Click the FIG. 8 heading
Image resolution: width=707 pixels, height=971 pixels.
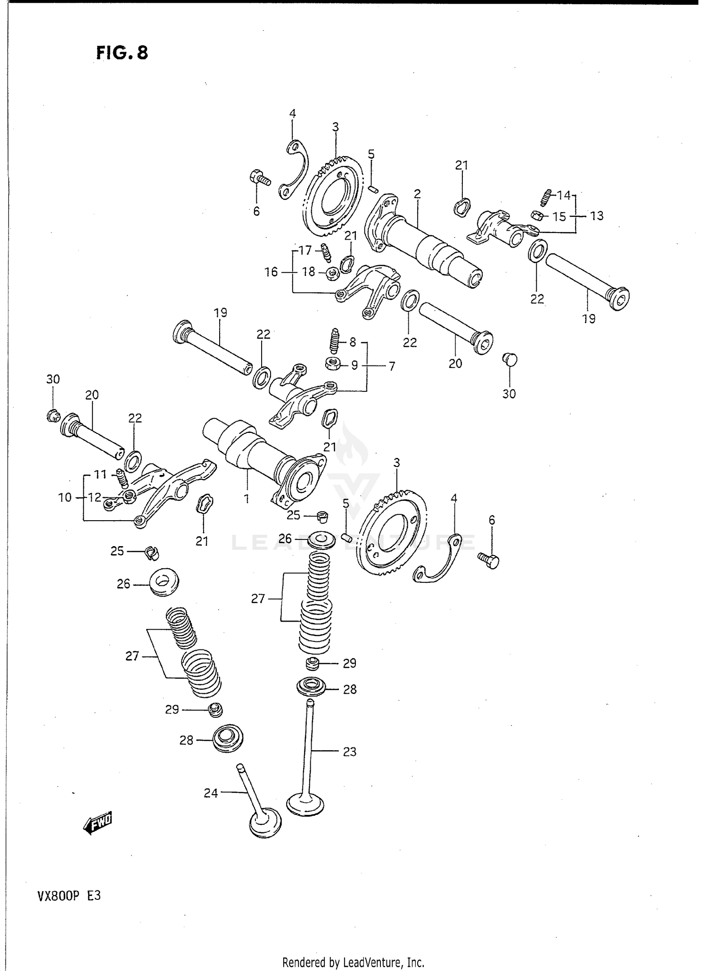pos(122,53)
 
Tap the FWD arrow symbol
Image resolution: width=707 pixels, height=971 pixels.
pos(98,823)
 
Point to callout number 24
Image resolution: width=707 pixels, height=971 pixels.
pos(211,793)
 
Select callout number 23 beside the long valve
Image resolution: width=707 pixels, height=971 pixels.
pos(349,752)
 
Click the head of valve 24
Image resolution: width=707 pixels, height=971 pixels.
pos(265,822)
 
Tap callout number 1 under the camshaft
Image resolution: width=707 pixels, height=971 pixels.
pos(246,498)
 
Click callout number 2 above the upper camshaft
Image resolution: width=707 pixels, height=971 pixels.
pos(417,193)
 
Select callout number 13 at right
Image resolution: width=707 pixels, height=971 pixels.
pos(596,216)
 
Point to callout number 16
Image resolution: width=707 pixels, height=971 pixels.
pos(271,272)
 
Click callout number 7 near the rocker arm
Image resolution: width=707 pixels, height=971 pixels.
pos(392,365)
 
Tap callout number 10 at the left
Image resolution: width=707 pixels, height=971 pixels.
pos(65,497)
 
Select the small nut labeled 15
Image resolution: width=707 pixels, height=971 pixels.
pos(536,215)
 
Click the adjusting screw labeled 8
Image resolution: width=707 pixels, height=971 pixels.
pos(335,341)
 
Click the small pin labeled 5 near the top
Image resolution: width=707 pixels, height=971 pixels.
pos(372,189)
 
